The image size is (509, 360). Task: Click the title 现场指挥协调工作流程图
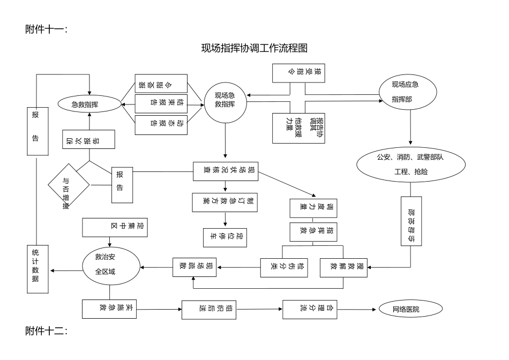point(254,48)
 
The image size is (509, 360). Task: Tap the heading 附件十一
point(46,29)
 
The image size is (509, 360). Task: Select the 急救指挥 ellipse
point(89,104)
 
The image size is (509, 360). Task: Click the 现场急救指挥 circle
point(224,100)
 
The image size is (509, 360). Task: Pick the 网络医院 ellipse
point(410,309)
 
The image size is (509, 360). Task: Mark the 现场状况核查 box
point(226,171)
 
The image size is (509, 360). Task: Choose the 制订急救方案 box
point(226,202)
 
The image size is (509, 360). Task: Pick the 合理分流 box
point(311,309)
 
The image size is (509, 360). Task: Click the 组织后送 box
point(209,309)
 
